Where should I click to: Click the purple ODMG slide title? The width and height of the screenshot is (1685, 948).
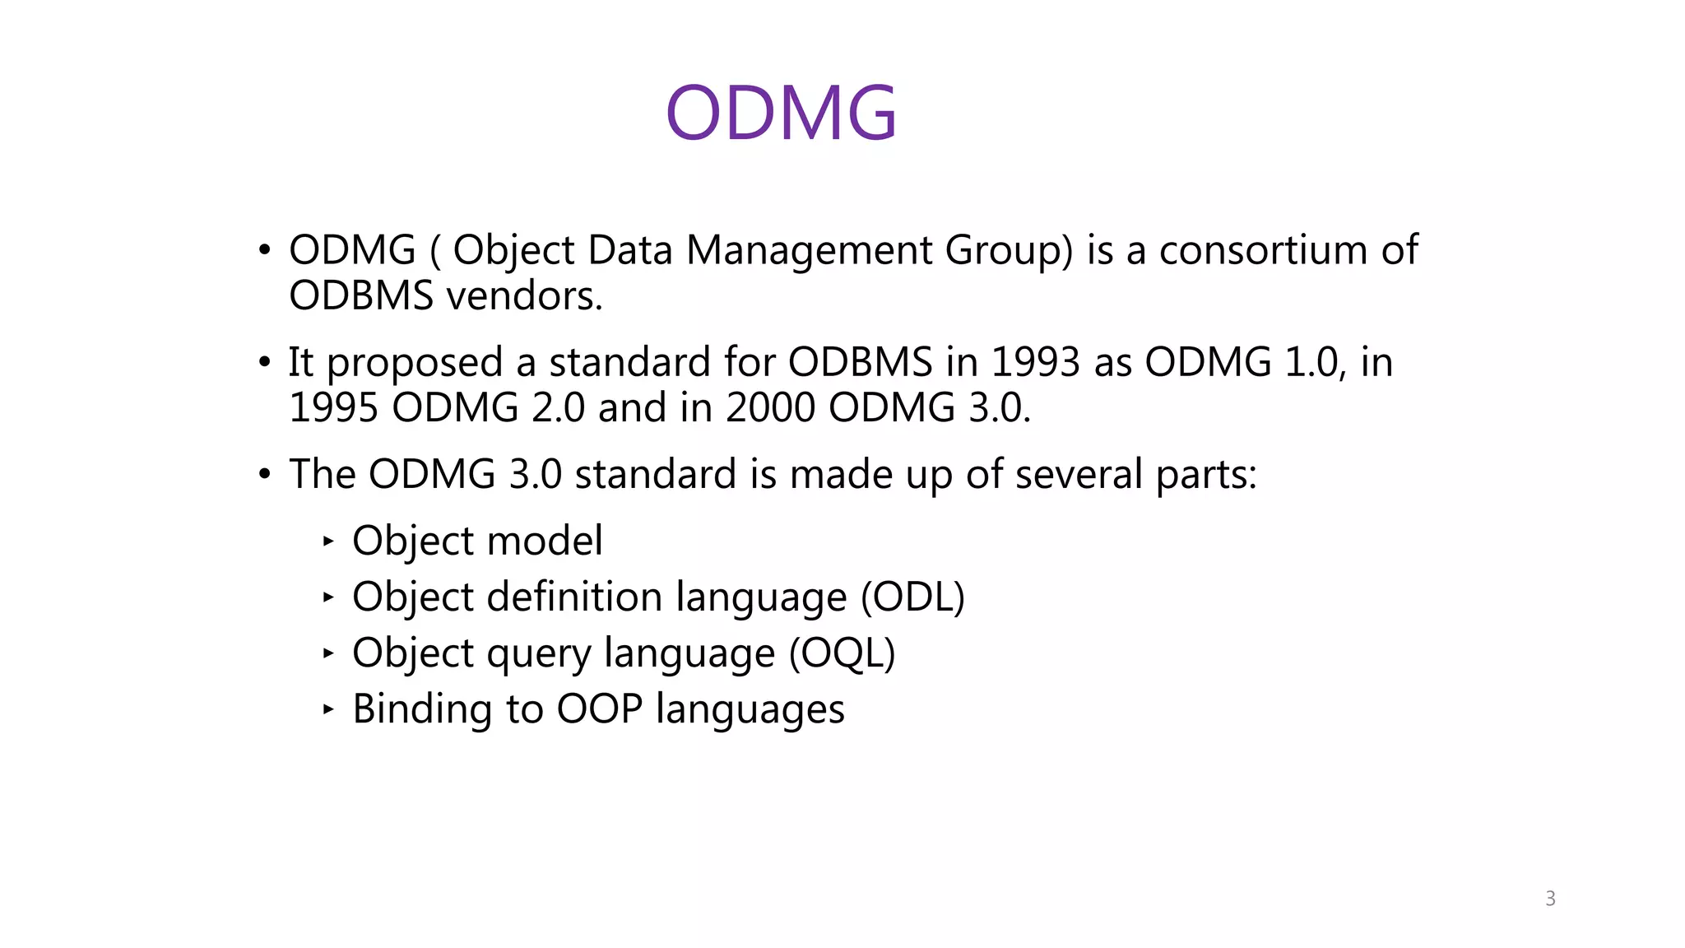pos(781,114)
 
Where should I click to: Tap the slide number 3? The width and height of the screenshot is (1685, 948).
pos(1550,899)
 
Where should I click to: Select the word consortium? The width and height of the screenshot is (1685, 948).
pos(1263,250)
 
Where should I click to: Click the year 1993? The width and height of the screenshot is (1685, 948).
pos(1035,362)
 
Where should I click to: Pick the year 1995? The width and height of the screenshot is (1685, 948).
pos(333,407)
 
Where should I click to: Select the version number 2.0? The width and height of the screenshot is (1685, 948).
pos(558,407)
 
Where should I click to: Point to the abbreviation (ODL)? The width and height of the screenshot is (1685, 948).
pos(912,597)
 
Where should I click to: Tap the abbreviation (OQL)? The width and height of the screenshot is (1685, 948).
pos(842,653)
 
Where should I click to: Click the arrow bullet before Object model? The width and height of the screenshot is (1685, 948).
pos(328,541)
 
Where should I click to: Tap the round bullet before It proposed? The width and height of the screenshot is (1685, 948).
pos(264,362)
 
